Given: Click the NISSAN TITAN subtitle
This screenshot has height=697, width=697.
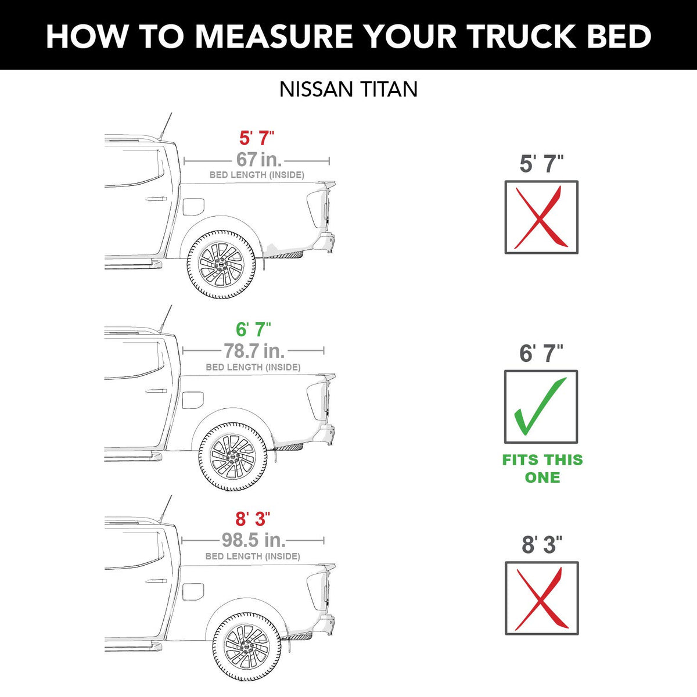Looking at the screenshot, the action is [x=348, y=89].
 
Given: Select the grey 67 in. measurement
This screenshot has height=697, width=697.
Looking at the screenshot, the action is [x=258, y=159].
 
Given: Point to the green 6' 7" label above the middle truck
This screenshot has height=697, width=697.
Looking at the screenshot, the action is [x=253, y=329].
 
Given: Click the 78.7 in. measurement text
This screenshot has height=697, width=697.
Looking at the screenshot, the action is [x=254, y=350].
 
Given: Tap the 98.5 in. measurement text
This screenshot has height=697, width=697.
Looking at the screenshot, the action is [x=254, y=540].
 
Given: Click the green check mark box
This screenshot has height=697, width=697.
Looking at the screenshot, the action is [x=541, y=407].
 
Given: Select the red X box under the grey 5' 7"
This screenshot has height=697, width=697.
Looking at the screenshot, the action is [x=541, y=217].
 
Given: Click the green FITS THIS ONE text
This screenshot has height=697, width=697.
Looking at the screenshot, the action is [x=542, y=469].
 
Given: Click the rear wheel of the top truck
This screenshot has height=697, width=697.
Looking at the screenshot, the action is [x=221, y=264].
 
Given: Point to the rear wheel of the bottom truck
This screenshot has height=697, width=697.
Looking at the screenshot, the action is [x=246, y=646].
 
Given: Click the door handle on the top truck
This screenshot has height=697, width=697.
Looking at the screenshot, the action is [x=156, y=199].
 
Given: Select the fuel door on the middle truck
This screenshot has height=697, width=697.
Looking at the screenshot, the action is [x=193, y=400].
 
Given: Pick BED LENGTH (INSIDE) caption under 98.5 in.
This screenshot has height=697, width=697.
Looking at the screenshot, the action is [x=253, y=556].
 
